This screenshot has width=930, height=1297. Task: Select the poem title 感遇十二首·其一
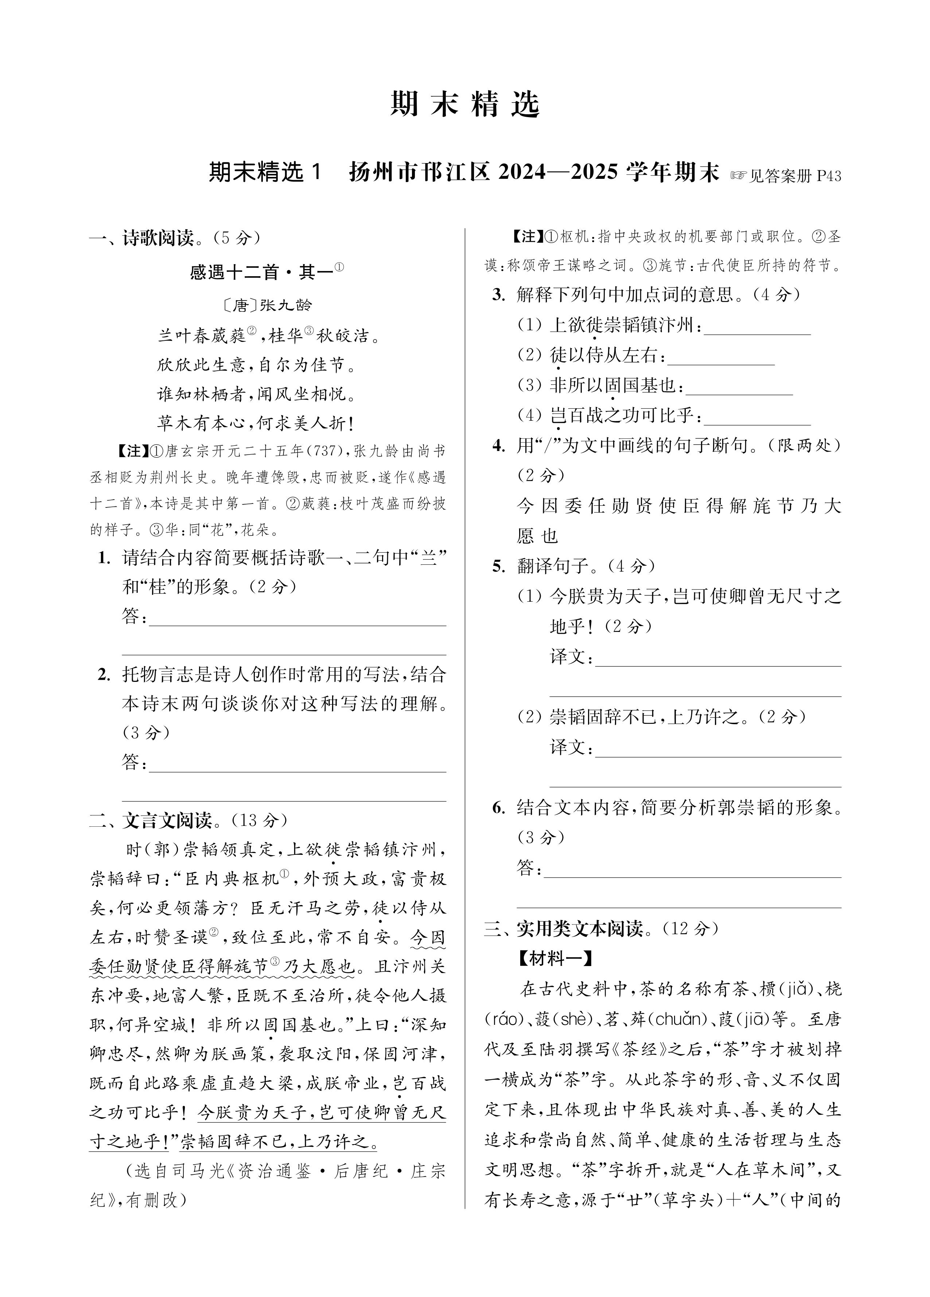[262, 272]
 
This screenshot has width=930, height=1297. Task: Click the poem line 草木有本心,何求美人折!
[256, 423]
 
